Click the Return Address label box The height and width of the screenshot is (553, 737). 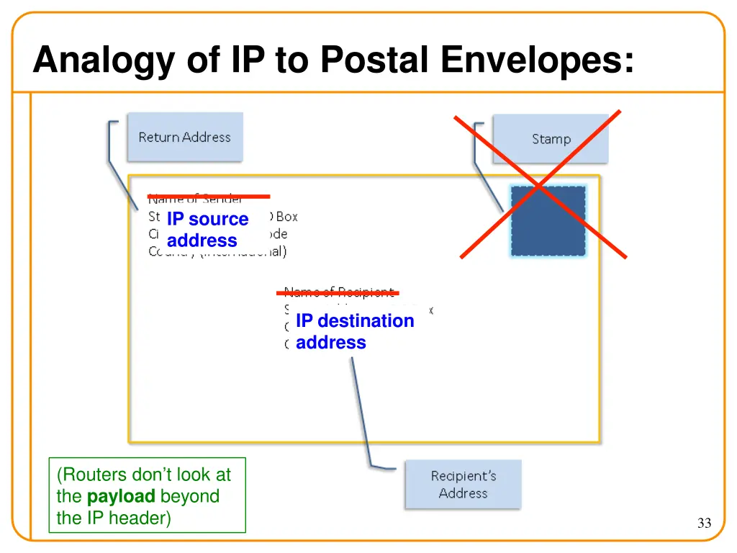click(185, 137)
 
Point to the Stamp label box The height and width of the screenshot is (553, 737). click(551, 139)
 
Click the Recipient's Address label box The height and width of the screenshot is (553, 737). click(463, 485)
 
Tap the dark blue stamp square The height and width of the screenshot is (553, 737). click(548, 220)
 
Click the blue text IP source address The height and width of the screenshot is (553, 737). click(207, 230)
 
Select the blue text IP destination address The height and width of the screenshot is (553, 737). click(355, 331)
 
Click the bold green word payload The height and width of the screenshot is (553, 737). click(121, 496)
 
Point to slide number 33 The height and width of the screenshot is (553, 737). click(704, 523)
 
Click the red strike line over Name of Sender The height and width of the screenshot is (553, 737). click(209, 196)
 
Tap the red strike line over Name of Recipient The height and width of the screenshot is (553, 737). click(338, 293)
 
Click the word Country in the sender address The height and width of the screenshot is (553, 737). click(170, 252)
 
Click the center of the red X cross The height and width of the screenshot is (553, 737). click(541, 186)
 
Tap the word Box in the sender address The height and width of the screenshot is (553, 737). click(286, 217)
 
